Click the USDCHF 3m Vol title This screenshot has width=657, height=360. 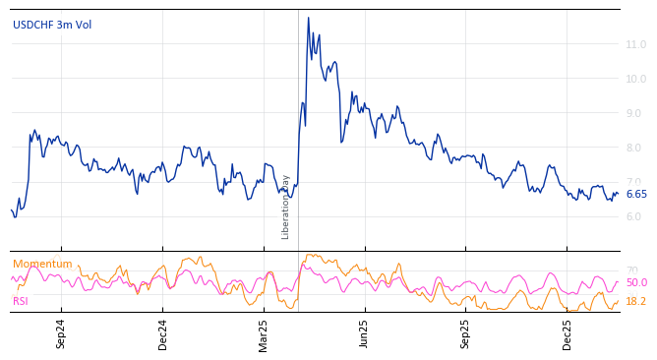pos(52,25)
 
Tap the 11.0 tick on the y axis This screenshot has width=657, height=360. pos(635,44)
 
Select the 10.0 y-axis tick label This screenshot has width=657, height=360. pos(635,79)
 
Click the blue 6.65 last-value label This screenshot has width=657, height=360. pos(636,194)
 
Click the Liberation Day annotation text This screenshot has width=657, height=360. pos(286,207)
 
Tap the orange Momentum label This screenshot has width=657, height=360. pos(42,264)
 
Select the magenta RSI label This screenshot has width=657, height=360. pos(21,301)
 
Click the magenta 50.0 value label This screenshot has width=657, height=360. pos(636,282)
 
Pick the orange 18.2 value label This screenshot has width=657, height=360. pos(636,301)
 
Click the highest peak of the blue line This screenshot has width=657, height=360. pos(308,18)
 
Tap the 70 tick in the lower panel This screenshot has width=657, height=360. pos(631,270)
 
